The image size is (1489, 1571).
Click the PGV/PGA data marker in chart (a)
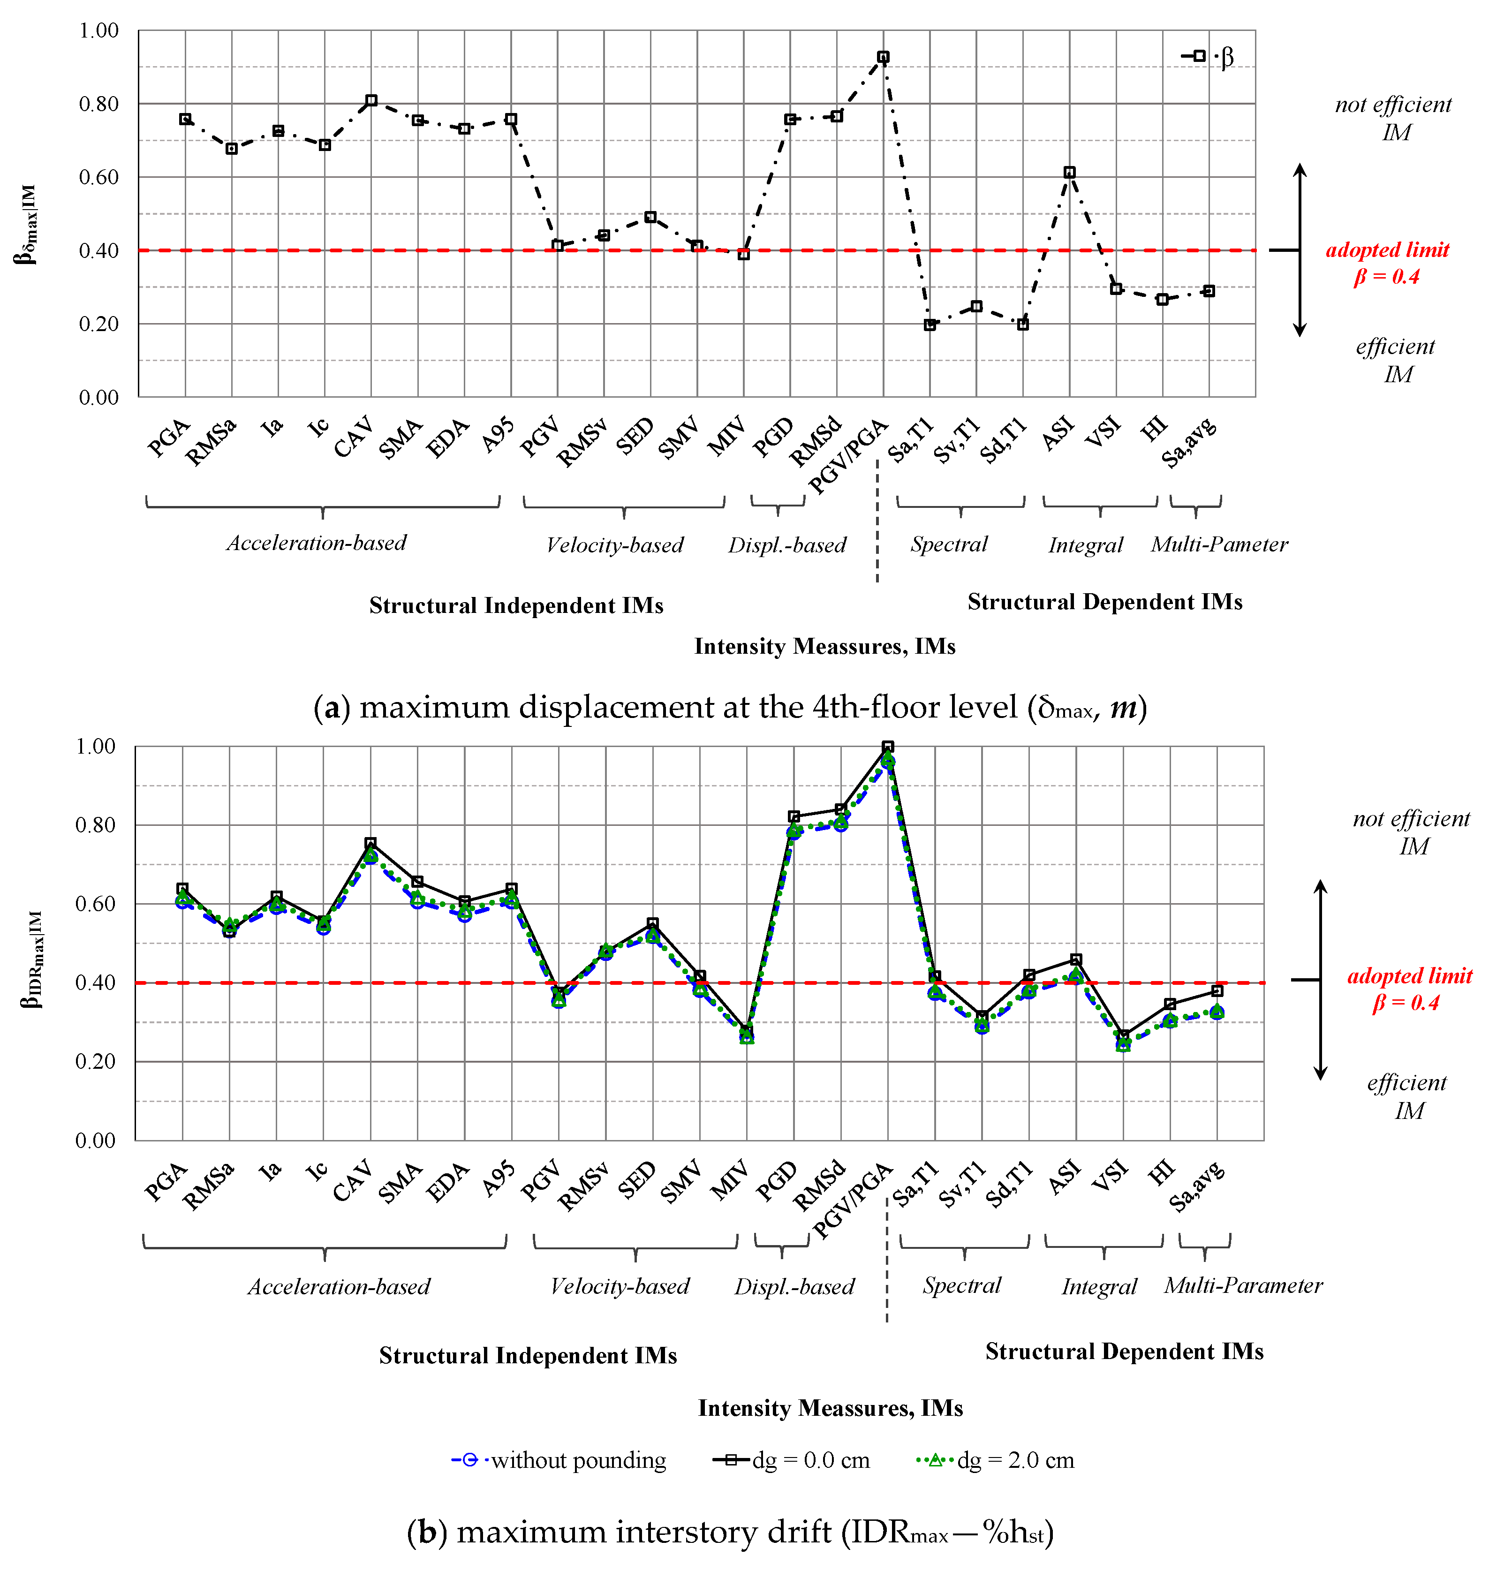click(x=883, y=57)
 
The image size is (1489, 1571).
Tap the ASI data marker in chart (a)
click(x=1069, y=172)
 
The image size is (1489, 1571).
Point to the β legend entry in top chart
click(x=1208, y=56)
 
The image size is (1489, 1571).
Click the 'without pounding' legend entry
click(x=559, y=1461)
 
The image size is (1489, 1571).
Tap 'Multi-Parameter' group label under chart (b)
click(x=1243, y=1285)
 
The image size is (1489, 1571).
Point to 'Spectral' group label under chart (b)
click(x=961, y=1285)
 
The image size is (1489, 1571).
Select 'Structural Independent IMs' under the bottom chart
click(x=528, y=1355)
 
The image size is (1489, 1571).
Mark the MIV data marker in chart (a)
click(x=744, y=255)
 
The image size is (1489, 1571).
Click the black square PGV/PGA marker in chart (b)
click(x=887, y=747)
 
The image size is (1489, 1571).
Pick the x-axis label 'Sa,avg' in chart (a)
click(x=1189, y=442)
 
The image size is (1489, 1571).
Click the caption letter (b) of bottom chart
click(x=427, y=1532)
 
